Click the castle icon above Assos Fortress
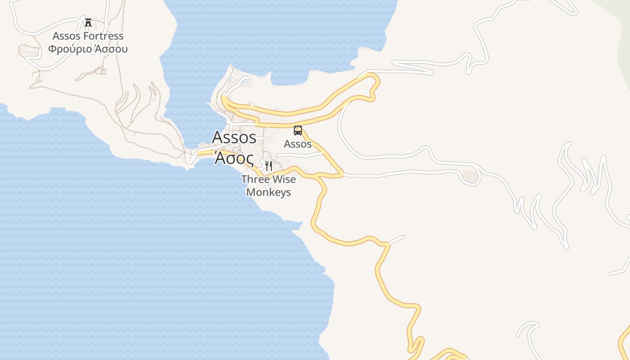[x=88, y=22]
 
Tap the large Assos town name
[x=234, y=137]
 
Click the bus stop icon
[x=298, y=130]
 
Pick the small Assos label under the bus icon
[x=298, y=144]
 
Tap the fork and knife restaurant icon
[x=269, y=166]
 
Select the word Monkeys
[x=269, y=192]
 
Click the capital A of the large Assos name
[x=218, y=137]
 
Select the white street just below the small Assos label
[x=299, y=155]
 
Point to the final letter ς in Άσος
[x=249, y=159]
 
